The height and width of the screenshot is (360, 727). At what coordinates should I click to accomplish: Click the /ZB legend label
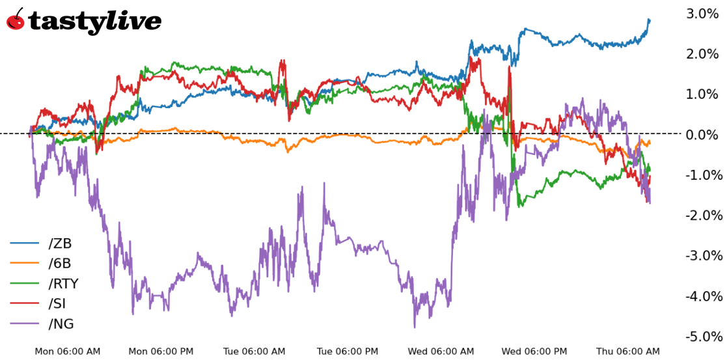pos(60,243)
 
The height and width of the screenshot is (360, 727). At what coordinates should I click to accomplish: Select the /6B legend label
pos(60,264)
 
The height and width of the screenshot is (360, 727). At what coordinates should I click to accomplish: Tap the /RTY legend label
pos(63,284)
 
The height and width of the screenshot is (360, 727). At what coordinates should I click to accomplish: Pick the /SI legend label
pos(57,303)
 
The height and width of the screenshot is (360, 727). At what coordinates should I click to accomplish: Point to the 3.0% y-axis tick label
pos(704,13)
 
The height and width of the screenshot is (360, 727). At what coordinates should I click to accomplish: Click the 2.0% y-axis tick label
pos(704,53)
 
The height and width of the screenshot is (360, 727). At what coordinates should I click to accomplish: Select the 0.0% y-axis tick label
pos(704,135)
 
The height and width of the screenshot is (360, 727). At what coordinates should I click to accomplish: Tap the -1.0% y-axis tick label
pos(704,175)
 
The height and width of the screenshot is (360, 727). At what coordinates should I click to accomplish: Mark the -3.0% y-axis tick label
pos(704,256)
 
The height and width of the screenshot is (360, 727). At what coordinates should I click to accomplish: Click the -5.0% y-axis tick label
pos(704,337)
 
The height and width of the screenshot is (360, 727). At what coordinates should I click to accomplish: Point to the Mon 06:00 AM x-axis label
pos(68,352)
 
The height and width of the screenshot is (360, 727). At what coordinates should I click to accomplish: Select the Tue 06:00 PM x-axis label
pos(348,352)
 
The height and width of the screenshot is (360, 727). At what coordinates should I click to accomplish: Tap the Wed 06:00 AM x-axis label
pos(441,352)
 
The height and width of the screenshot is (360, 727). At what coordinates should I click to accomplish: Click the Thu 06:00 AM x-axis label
pos(627,352)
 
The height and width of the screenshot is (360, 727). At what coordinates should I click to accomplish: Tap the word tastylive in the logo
pos(95,21)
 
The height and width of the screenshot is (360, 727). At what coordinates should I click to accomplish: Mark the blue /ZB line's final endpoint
pos(649,20)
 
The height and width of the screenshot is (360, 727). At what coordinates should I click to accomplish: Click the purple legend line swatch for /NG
pos(23,324)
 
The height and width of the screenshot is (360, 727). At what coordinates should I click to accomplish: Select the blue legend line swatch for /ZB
pos(23,243)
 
